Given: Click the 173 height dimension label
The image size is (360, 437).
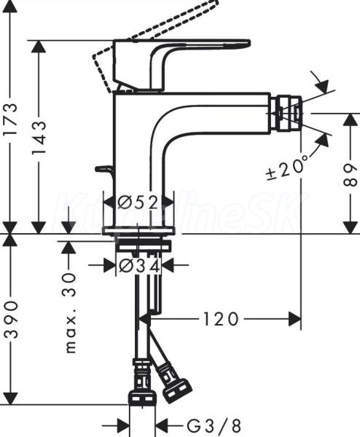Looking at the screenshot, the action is click(x=10, y=119).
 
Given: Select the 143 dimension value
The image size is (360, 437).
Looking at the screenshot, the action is click(x=38, y=138).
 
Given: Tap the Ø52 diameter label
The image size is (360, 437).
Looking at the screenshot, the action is click(x=138, y=202).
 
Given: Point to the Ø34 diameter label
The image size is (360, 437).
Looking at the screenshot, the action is click(x=140, y=266).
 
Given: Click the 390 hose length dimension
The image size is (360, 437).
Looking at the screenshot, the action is click(x=10, y=319).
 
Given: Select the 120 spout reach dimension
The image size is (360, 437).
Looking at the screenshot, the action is click(x=221, y=320).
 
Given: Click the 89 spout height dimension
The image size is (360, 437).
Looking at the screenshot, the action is click(x=351, y=175).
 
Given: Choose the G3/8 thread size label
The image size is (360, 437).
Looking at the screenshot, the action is click(x=214, y=426).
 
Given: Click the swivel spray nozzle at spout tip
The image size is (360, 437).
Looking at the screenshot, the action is click(x=288, y=114).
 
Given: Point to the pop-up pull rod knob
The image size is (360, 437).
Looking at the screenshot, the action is click(x=104, y=170).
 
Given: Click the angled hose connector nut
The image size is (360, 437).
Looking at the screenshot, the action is click(x=173, y=382).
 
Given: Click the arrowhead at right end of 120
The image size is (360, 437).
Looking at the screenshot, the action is click(x=294, y=320).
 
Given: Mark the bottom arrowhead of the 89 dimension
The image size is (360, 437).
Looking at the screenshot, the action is click(x=351, y=227).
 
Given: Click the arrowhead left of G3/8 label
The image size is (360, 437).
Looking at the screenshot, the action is click(x=123, y=426).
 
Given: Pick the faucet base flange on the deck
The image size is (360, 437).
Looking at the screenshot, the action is click(x=138, y=230).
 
